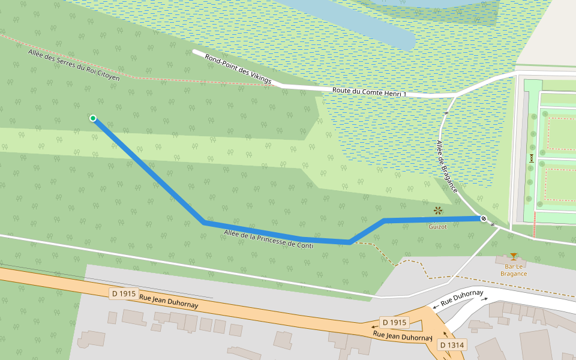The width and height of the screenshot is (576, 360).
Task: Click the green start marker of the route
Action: click(93, 118)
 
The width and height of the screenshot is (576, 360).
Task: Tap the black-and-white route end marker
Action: click(483, 218)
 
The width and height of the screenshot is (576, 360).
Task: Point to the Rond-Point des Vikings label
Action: click(238, 69)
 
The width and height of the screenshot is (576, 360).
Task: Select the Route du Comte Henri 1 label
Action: click(369, 92)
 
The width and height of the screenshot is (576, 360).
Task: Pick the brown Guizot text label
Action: click(437, 226)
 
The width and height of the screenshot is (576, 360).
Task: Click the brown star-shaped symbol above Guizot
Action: click(438, 210)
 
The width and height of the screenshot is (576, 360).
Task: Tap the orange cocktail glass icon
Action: click(512, 256)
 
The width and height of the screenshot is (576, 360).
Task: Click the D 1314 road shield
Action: click(451, 345)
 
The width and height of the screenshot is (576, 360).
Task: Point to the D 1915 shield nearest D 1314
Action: click(394, 322)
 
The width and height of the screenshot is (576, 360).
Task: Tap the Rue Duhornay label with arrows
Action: click(461, 298)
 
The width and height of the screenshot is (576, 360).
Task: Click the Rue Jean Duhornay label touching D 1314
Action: click(402, 336)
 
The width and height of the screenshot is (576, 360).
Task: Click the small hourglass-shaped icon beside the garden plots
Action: click(531, 158)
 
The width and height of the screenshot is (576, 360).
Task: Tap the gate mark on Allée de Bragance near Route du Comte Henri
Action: click(446, 112)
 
